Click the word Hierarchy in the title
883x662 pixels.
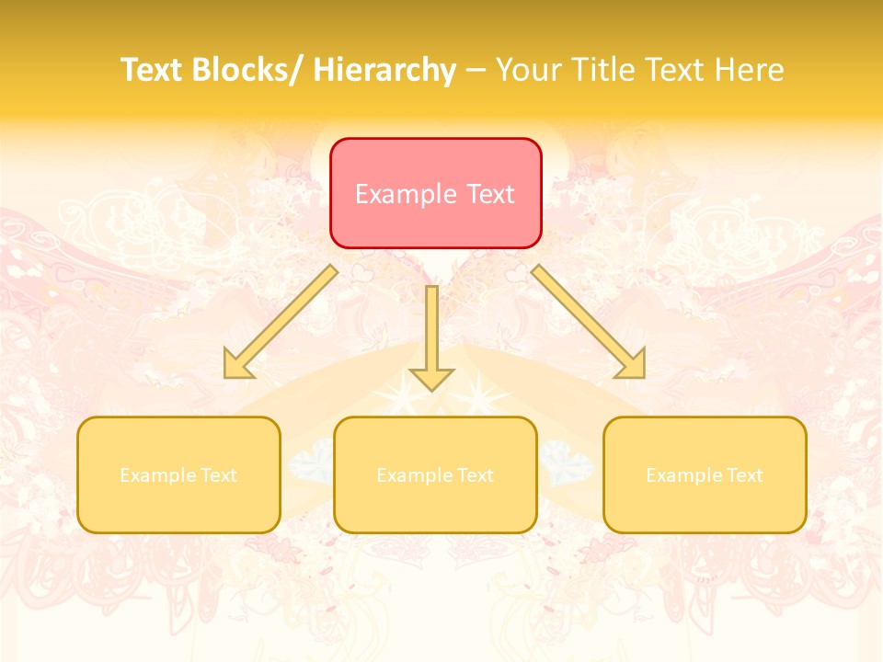(x=384, y=70)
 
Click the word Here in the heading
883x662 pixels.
(x=749, y=70)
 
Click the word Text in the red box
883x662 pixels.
(x=489, y=194)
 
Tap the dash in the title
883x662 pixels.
(x=476, y=70)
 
